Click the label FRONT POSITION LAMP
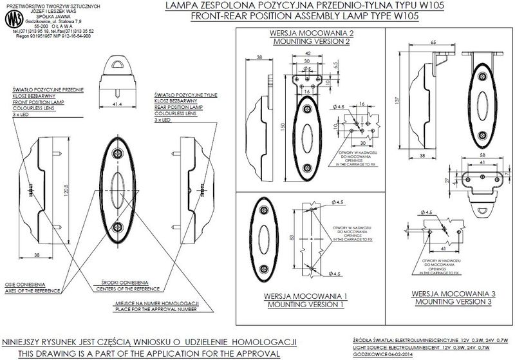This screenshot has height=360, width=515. click(38, 103)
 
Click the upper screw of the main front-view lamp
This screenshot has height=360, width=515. click(118, 153)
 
